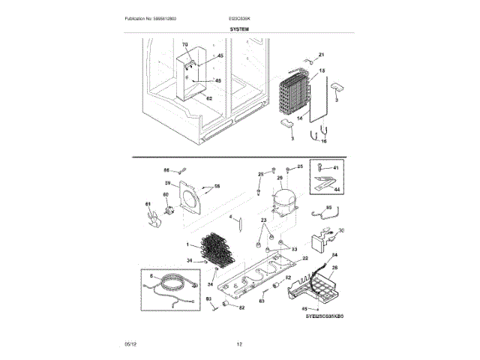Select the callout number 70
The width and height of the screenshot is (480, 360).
click(186, 46)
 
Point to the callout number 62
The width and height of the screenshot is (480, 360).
click(209, 98)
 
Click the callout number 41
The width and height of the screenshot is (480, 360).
click(336, 168)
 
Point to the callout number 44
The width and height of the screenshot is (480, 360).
click(336, 191)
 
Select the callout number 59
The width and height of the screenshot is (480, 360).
click(169, 183)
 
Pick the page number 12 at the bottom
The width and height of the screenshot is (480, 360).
click(239, 343)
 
